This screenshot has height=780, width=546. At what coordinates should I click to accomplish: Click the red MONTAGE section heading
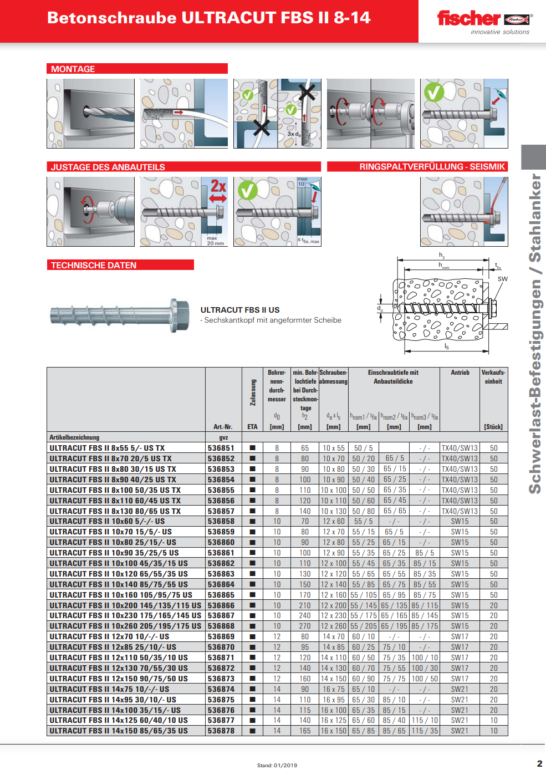tap(73, 69)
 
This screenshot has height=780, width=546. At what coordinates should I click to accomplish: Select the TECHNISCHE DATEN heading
tap(93, 266)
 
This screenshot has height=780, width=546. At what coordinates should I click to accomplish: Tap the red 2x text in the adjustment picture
tap(218, 186)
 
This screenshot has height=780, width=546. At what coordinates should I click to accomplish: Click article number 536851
tap(221, 448)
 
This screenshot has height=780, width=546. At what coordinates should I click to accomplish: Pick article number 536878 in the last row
tap(221, 731)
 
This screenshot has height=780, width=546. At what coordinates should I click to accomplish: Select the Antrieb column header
tap(460, 373)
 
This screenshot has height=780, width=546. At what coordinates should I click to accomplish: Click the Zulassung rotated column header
tap(253, 392)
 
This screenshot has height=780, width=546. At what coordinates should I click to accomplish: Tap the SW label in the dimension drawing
tap(502, 279)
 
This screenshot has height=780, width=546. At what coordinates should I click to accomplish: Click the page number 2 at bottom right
tap(539, 763)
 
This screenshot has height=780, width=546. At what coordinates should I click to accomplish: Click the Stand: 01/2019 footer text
tap(277, 766)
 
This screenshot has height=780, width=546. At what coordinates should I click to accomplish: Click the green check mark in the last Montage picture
tap(433, 91)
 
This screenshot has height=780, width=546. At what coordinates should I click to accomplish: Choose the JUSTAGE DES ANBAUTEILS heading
tap(108, 167)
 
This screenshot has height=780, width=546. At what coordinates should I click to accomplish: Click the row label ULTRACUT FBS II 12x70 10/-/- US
tap(109, 636)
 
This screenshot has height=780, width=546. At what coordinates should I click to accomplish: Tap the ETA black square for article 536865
tap(252, 595)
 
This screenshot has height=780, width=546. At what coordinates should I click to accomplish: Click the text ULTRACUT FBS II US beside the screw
tap(239, 310)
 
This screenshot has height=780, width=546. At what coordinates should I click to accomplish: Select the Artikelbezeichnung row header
tap(74, 437)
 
